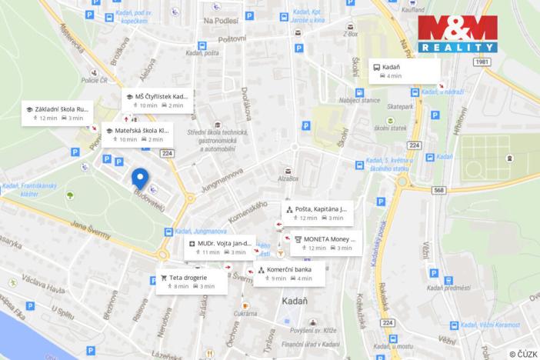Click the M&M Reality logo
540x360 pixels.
tap(457, 34)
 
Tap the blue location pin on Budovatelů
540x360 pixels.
tap(139, 178)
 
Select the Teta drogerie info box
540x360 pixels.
tap(190, 281)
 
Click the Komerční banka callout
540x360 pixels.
tap(288, 274)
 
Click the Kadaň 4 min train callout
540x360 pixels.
tap(405, 71)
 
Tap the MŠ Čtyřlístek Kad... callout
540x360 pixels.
tap(158, 100)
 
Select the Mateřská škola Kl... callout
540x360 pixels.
tap(136, 135)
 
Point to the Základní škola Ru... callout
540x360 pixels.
tap(58, 113)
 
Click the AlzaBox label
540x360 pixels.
tap(288, 178)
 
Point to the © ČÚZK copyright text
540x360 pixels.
tap(522, 352)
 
